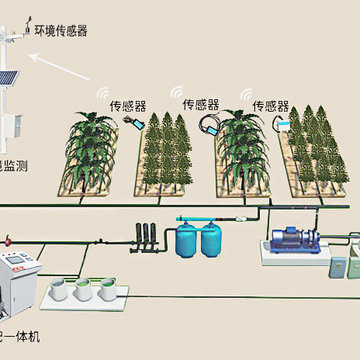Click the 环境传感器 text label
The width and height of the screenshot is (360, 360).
pyautogui.click(x=61, y=31)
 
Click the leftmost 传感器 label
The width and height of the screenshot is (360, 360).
pyautogui.click(x=126, y=105)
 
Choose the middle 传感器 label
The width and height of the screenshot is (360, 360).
pyautogui.click(x=200, y=103)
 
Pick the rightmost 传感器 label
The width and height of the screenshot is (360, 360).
pyautogui.click(x=272, y=105)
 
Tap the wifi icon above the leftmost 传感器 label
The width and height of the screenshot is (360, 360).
pyautogui.click(x=103, y=92)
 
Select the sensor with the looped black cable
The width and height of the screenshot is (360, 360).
pyautogui.click(x=208, y=123)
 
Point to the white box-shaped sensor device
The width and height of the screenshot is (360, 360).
pyautogui.click(x=282, y=123)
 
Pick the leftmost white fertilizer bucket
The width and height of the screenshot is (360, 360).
pyautogui.click(x=61, y=290)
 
